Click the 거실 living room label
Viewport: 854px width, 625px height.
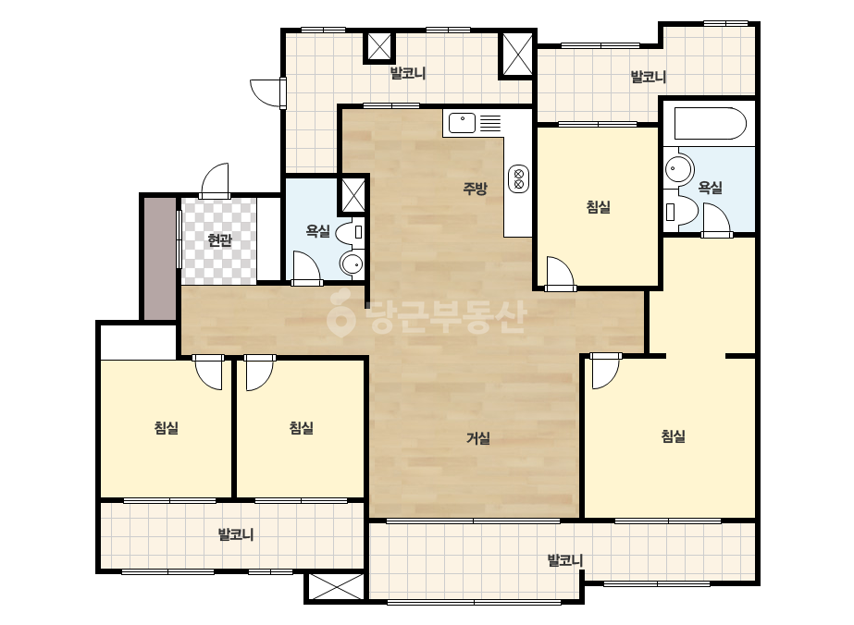click(x=478, y=438)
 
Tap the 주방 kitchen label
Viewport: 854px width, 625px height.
click(x=475, y=189)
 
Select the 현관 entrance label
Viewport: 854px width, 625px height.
click(x=219, y=240)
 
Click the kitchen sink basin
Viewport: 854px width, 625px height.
click(x=462, y=124)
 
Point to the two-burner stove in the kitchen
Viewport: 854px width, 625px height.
click(x=518, y=178)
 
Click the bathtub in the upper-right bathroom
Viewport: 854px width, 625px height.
click(x=710, y=124)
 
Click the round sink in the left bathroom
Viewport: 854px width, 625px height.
click(x=352, y=264)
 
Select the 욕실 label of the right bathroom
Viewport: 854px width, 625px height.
click(x=711, y=188)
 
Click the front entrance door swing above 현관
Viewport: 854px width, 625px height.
click(x=216, y=180)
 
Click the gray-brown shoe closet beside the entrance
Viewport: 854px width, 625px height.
click(x=160, y=259)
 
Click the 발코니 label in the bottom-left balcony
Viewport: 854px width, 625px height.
click(x=236, y=534)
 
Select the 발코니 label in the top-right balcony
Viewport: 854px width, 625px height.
click(x=648, y=77)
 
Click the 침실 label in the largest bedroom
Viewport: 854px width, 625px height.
click(x=674, y=436)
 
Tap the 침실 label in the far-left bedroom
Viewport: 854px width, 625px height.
click(x=167, y=428)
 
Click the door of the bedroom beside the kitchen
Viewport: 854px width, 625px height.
click(x=561, y=273)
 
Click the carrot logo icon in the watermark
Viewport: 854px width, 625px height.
click(x=340, y=313)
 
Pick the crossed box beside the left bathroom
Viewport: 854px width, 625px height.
click(x=353, y=194)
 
